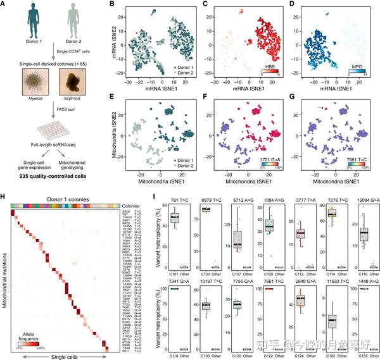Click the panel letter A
[5, 6]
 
